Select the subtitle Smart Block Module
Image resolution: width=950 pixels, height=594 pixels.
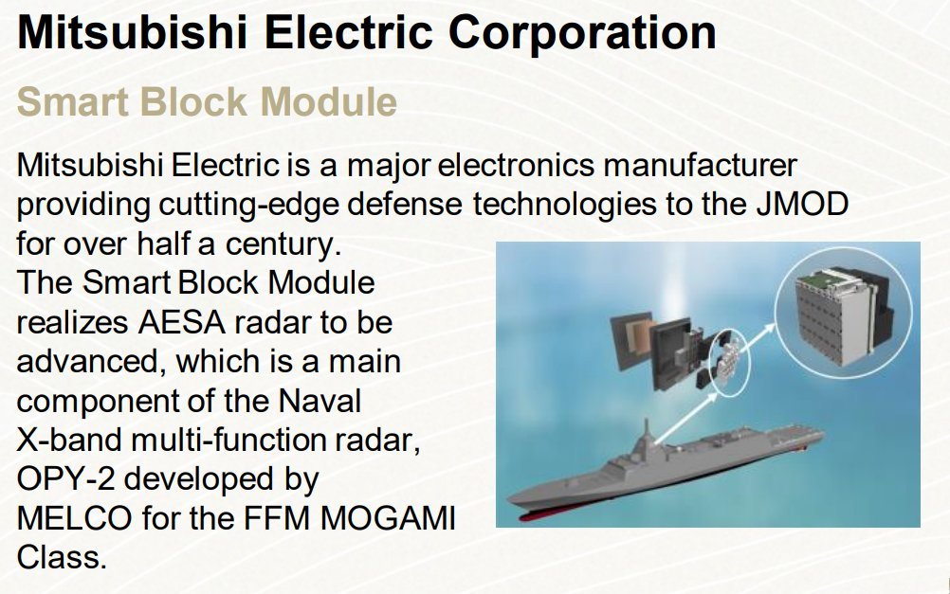coord(208,101)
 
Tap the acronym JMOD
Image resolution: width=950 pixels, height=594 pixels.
coord(803,204)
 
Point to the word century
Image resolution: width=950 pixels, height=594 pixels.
coord(283,244)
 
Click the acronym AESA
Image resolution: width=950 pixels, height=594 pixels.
coord(182,322)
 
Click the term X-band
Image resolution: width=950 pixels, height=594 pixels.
coord(69,440)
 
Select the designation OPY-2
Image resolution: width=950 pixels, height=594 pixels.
coord(66,479)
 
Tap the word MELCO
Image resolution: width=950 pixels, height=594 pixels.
coord(75,518)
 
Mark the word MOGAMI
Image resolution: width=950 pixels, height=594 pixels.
coord(388,518)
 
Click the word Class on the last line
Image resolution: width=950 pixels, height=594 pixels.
coord(62,557)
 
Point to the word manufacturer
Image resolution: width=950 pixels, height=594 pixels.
coord(701,165)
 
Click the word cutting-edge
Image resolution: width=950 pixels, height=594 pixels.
coord(249,206)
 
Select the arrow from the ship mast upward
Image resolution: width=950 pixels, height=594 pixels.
coord(686,417)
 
